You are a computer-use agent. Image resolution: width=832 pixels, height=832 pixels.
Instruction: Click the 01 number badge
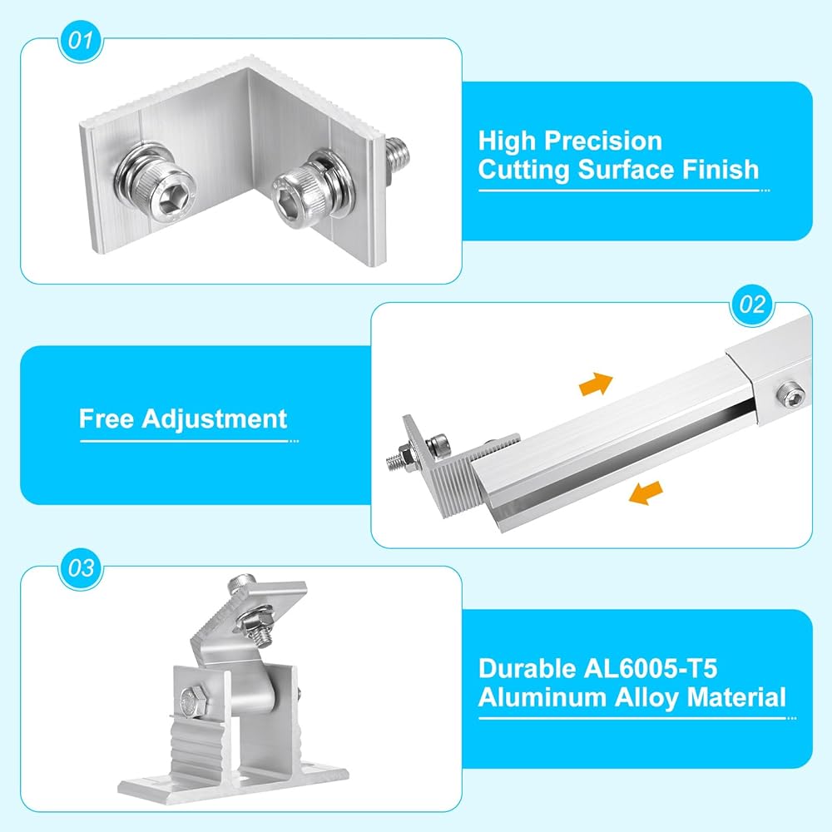tap(81, 40)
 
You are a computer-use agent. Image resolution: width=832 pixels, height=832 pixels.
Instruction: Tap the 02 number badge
tap(752, 304)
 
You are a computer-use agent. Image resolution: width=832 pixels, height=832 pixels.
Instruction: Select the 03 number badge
tap(81, 568)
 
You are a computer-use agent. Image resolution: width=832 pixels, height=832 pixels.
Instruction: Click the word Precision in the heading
tap(603, 141)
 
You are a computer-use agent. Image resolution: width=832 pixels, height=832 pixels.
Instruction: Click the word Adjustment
tap(215, 419)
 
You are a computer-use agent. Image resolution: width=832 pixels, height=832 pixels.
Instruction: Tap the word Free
tap(106, 418)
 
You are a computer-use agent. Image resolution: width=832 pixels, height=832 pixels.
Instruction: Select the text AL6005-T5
tap(651, 669)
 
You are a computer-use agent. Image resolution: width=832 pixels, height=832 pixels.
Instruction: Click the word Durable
tap(527, 669)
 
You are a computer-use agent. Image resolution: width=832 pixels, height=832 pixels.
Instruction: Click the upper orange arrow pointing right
tap(597, 383)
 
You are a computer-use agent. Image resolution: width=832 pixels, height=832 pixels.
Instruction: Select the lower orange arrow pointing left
tap(646, 493)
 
